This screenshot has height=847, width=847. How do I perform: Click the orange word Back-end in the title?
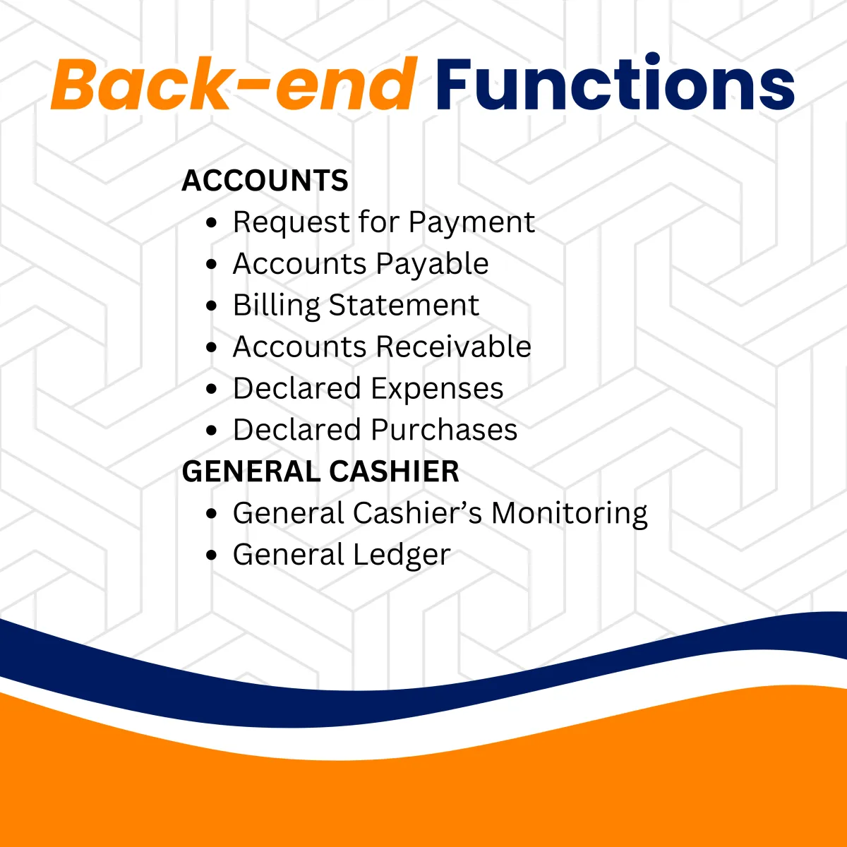point(234,83)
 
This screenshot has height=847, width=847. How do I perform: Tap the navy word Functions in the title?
point(615,82)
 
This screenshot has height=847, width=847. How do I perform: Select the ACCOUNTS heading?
point(265,180)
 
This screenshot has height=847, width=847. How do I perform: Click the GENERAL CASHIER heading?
point(320,471)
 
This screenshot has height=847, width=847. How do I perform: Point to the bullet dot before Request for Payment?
point(212,222)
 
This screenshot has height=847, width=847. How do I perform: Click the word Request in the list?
point(291,222)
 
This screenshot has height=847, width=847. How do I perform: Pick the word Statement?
point(404,305)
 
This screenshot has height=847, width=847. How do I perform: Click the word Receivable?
point(454,347)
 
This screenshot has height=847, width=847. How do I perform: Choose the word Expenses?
point(437,388)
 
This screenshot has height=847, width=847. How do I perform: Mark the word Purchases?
point(444,429)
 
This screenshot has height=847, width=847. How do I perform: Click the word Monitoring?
point(569,513)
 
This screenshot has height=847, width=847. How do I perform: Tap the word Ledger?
point(402,555)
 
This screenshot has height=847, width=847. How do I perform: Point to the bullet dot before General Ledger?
point(212,555)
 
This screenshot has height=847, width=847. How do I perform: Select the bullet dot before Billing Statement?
point(212,306)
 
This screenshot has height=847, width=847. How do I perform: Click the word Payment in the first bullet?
point(471,222)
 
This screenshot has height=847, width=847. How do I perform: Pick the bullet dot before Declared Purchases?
point(212,431)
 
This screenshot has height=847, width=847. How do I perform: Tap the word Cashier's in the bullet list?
point(418,512)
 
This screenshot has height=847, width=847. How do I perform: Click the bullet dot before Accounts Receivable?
point(212,347)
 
